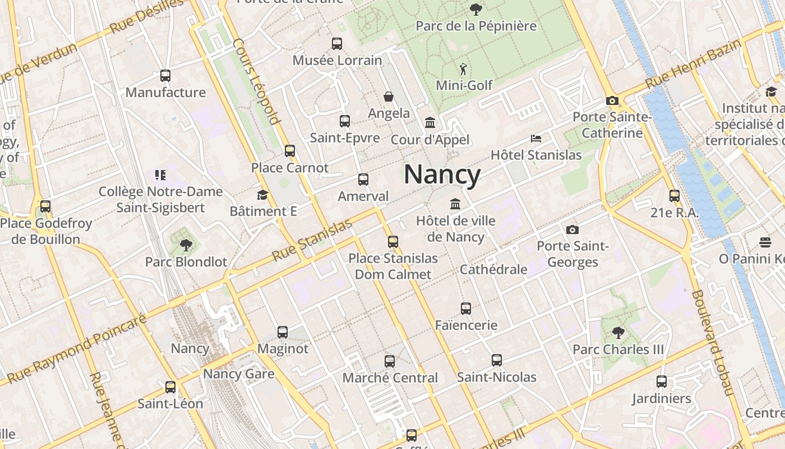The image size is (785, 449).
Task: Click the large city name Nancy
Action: click(x=442, y=175)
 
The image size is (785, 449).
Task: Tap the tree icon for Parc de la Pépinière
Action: click(x=475, y=9)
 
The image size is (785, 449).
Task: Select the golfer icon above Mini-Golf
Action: click(x=463, y=69)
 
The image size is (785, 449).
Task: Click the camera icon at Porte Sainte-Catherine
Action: click(x=612, y=100)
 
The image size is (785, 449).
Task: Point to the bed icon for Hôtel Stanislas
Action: click(x=536, y=138)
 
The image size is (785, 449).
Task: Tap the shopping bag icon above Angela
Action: click(x=389, y=97)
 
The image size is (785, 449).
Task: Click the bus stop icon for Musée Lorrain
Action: click(x=337, y=43)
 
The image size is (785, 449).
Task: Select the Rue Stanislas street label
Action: click(x=312, y=240)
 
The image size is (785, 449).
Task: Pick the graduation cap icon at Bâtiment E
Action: click(x=262, y=195)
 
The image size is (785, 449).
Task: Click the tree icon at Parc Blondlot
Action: click(x=186, y=245)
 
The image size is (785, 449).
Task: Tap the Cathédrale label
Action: click(x=493, y=269)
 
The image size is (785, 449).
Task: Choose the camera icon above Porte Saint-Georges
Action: click(x=572, y=229)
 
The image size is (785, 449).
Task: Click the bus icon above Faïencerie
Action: click(x=466, y=308)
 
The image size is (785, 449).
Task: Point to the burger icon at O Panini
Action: click(x=765, y=242)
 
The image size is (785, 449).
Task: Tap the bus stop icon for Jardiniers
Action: click(x=662, y=382)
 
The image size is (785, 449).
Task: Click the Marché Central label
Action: click(x=390, y=378)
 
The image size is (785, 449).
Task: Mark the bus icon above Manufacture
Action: click(x=165, y=76)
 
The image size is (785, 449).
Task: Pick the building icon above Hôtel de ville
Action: click(x=455, y=204)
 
